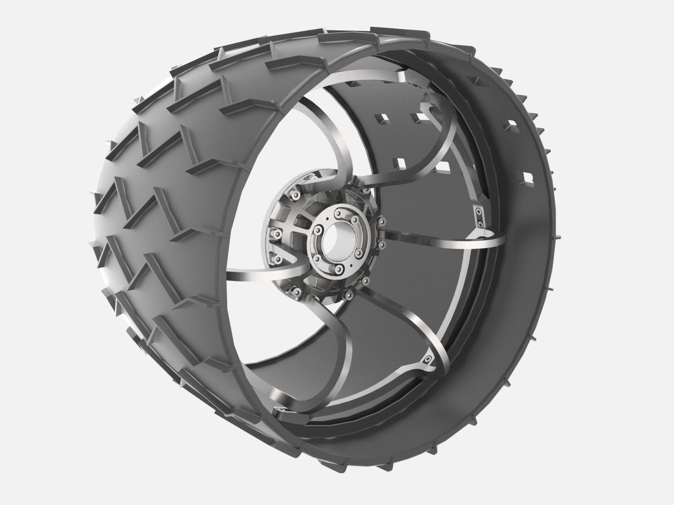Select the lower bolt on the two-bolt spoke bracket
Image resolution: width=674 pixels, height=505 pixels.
click(480, 222)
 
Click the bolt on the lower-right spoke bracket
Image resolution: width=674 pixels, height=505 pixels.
click(427, 359)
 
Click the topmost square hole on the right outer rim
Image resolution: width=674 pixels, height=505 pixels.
click(476, 80)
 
